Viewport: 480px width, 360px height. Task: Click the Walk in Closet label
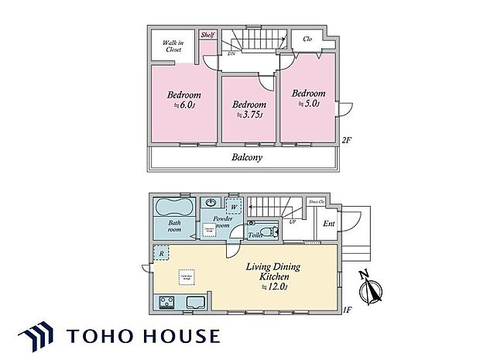point(172,46)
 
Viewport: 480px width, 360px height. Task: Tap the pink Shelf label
point(207,35)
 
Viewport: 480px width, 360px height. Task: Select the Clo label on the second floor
point(307,39)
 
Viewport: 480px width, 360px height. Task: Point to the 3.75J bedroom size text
point(250,115)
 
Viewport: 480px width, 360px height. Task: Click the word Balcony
point(247,157)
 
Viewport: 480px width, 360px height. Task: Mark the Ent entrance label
point(329,224)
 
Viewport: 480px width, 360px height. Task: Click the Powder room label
point(213,223)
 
